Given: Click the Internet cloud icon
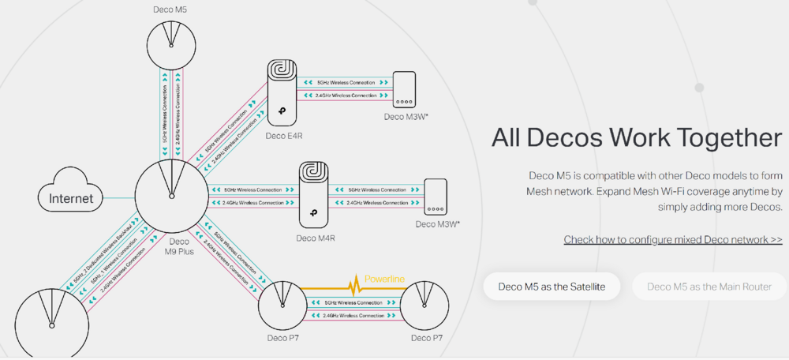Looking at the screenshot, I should [x=71, y=198].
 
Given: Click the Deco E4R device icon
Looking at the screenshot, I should [x=286, y=93].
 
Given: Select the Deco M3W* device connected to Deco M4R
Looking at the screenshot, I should [x=436, y=197].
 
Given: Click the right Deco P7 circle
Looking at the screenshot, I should [x=424, y=306].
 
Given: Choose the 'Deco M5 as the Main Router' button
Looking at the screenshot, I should [x=711, y=287].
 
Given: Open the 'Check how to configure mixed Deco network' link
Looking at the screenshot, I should [x=673, y=239].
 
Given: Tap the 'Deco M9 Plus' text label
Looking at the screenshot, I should [x=179, y=247].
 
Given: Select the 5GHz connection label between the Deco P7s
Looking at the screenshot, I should [x=353, y=302].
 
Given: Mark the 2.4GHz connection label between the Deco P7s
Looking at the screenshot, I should [x=353, y=316].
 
